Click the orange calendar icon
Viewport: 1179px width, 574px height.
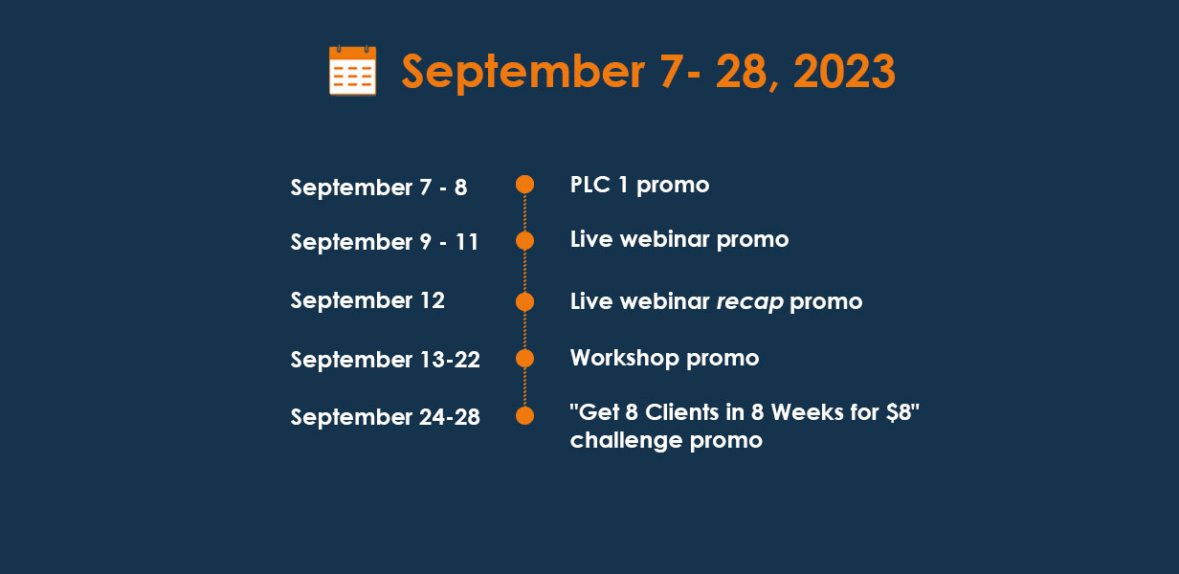point(352,71)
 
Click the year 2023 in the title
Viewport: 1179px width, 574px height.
point(844,72)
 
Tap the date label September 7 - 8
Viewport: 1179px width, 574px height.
point(378,188)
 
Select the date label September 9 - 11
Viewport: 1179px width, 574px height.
point(385,243)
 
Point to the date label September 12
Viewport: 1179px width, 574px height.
point(367,301)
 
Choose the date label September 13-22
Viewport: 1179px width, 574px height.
point(386,361)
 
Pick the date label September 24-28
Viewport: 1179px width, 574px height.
point(386,418)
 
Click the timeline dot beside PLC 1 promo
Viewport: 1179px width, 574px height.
point(524,184)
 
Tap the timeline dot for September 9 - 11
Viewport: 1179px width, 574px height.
point(524,240)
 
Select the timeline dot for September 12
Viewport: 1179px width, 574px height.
point(524,302)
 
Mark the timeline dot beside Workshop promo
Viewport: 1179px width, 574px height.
point(524,359)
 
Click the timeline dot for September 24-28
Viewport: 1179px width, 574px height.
point(524,415)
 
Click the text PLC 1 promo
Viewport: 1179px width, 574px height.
point(639,186)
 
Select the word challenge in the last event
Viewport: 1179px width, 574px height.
point(626,441)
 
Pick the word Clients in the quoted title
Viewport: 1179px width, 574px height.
point(681,412)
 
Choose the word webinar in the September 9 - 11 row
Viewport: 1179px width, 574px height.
point(664,240)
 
